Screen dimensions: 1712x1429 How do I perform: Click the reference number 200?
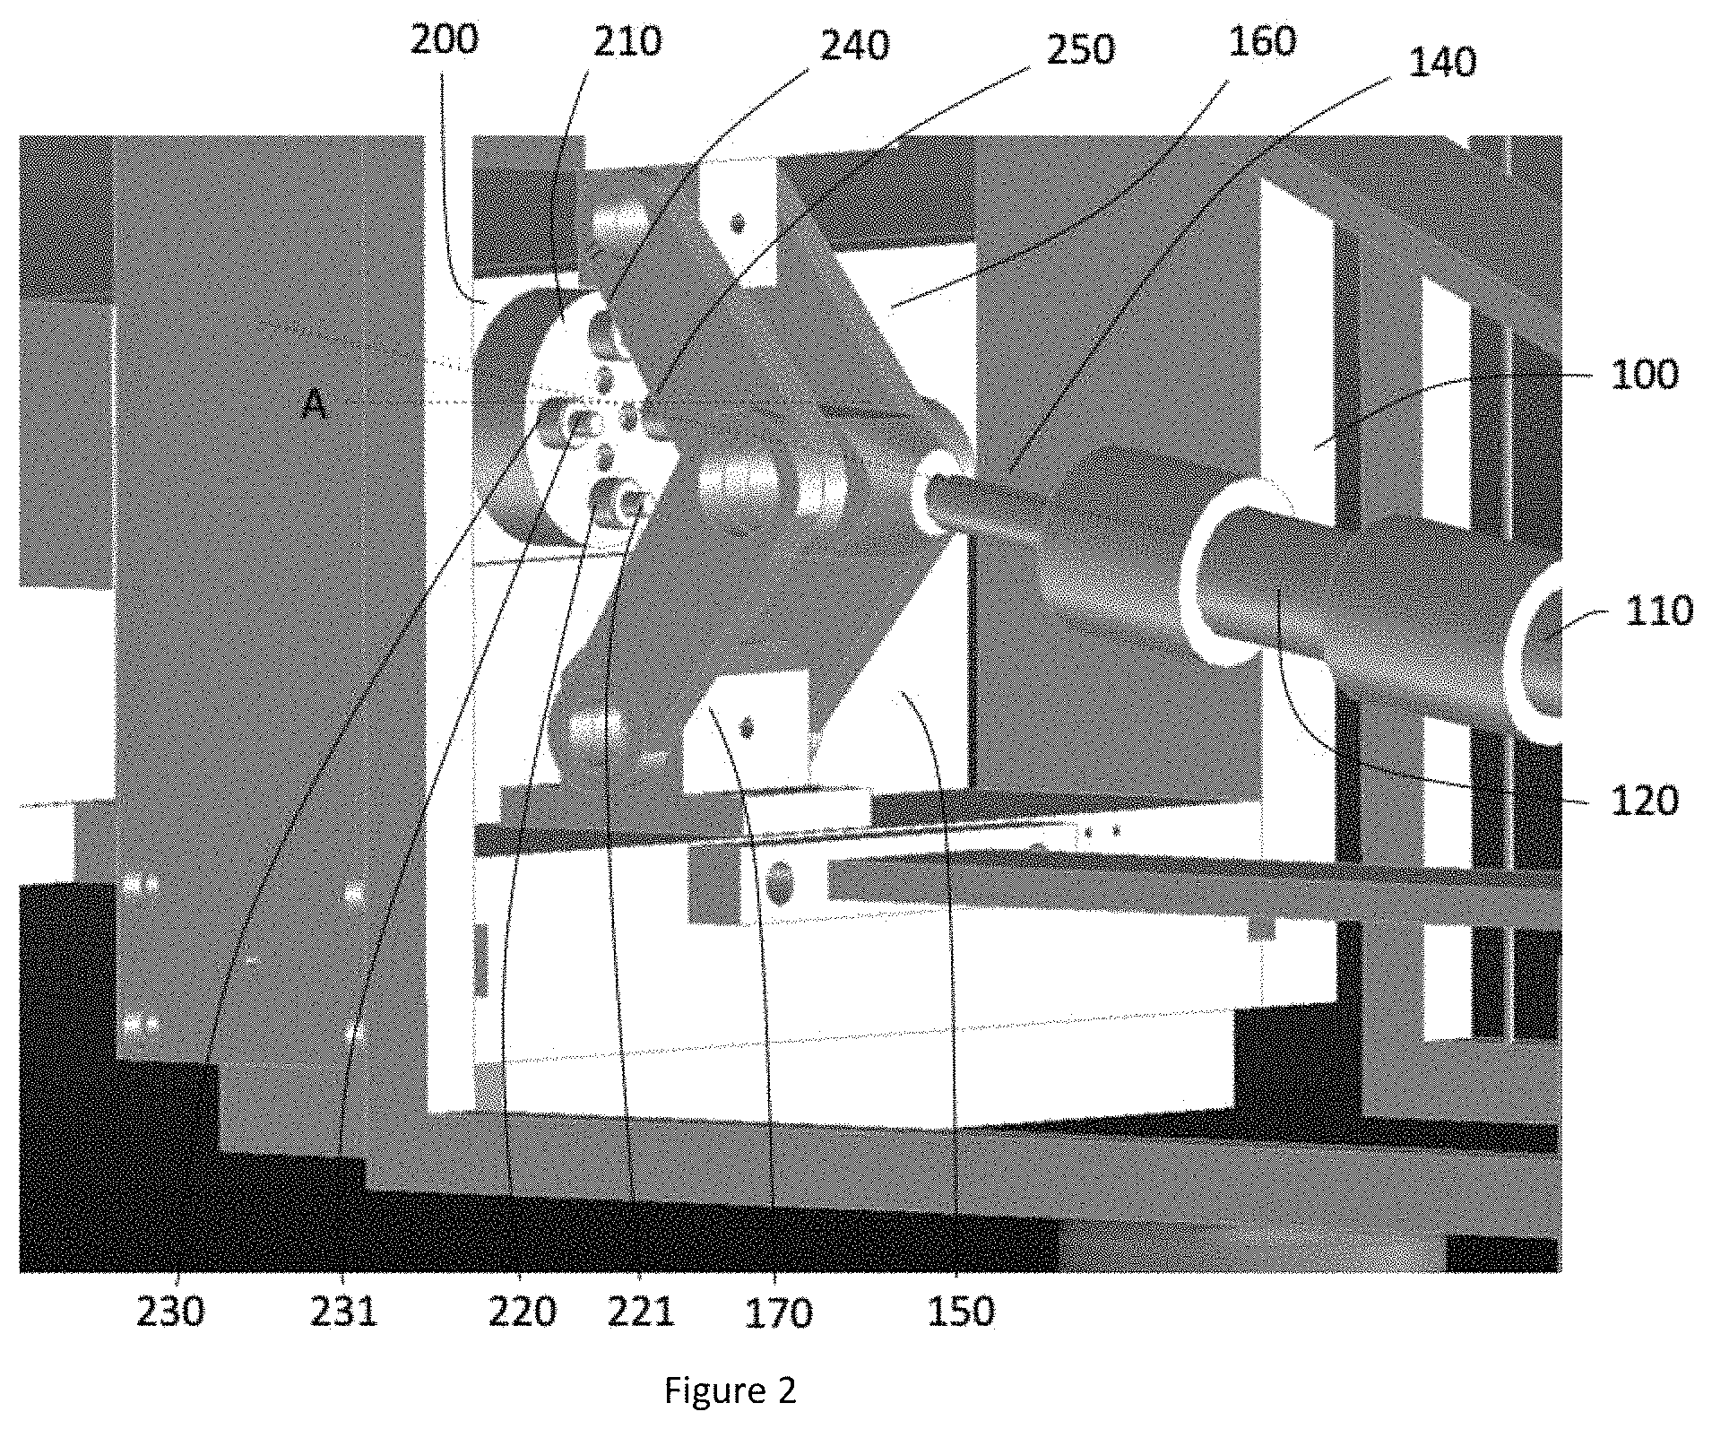(445, 40)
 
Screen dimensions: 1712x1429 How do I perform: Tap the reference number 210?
(627, 42)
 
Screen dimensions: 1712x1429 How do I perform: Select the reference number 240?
(855, 45)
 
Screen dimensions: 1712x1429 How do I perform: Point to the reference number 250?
(1080, 50)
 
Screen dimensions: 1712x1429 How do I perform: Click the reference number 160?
(1262, 41)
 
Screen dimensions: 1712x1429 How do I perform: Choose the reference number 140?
(1442, 63)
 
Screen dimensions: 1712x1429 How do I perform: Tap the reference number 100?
(1645, 374)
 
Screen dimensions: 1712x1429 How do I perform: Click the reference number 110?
(1659, 611)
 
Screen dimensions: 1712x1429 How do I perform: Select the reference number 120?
(1645, 801)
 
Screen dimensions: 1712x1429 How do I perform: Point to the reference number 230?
(170, 1312)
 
